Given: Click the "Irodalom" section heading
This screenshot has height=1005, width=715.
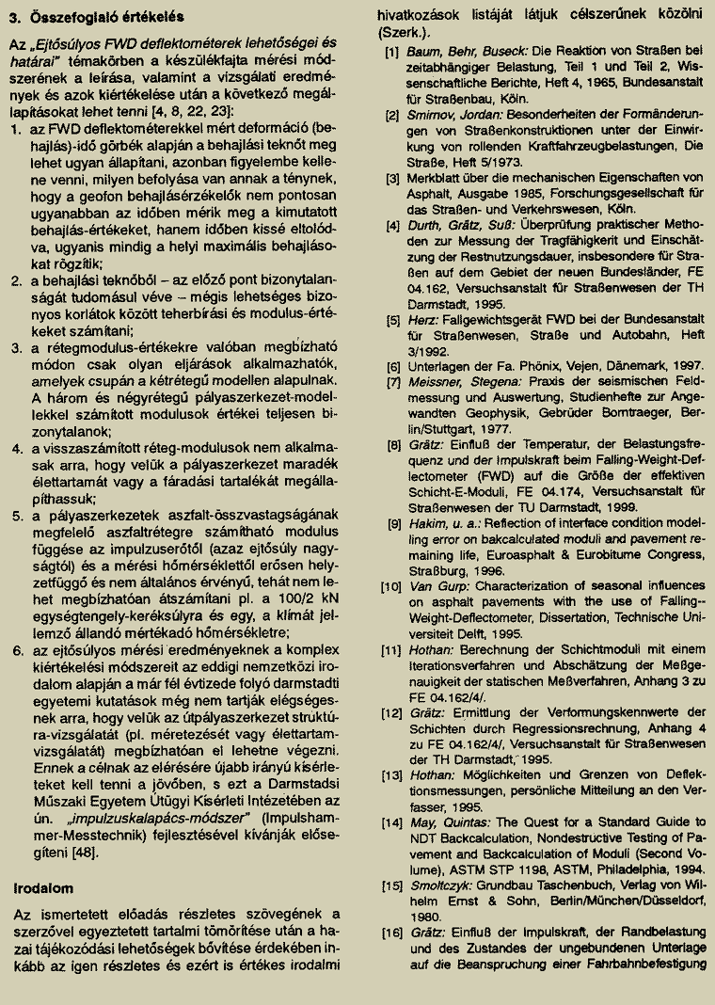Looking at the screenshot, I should (x=45, y=888).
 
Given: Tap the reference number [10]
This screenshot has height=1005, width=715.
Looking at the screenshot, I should (x=390, y=586).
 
